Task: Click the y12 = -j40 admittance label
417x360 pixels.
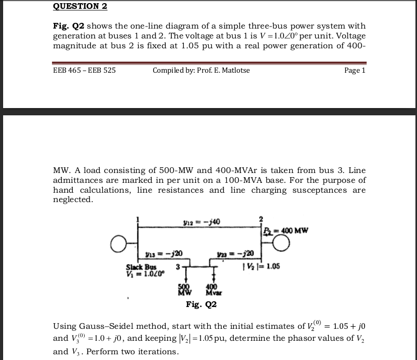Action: click(x=199, y=223)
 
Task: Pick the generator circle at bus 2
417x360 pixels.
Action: click(x=281, y=243)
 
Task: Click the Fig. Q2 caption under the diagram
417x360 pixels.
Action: click(x=201, y=304)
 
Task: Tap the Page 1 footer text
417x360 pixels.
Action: click(x=355, y=70)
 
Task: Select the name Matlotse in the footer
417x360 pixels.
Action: click(x=233, y=70)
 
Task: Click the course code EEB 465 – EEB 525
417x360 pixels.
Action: click(x=84, y=70)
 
